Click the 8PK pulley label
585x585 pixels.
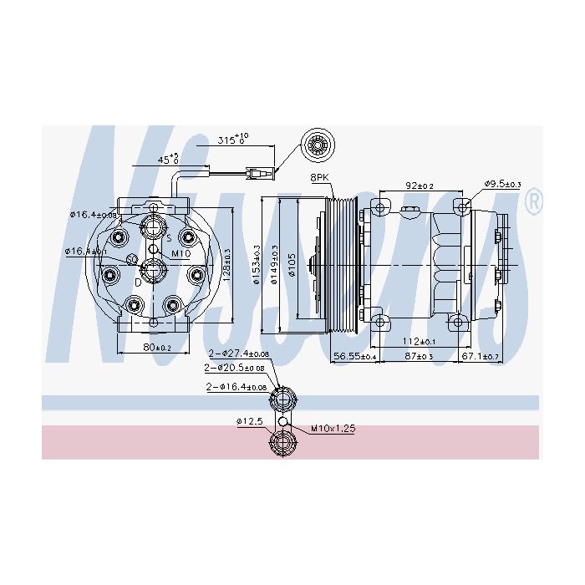(x=320, y=178)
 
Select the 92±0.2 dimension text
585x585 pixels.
(x=420, y=186)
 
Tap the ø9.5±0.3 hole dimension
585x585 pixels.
(x=502, y=185)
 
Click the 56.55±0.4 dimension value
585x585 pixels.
(x=354, y=357)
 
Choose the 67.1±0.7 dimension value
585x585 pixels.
(x=480, y=357)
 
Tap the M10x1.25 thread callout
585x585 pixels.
(x=333, y=429)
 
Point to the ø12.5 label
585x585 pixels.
(x=250, y=420)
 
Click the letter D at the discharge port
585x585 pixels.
(x=139, y=282)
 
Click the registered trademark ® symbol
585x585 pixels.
(x=532, y=201)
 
